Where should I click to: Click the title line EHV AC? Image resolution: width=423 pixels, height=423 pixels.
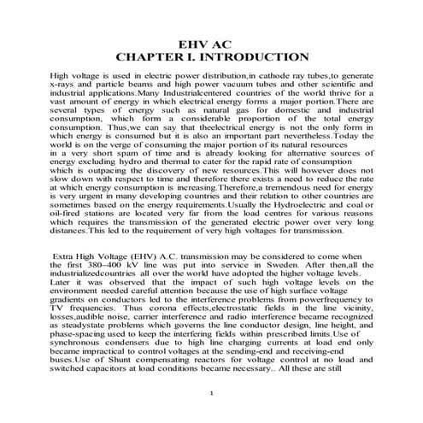point(211,42)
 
